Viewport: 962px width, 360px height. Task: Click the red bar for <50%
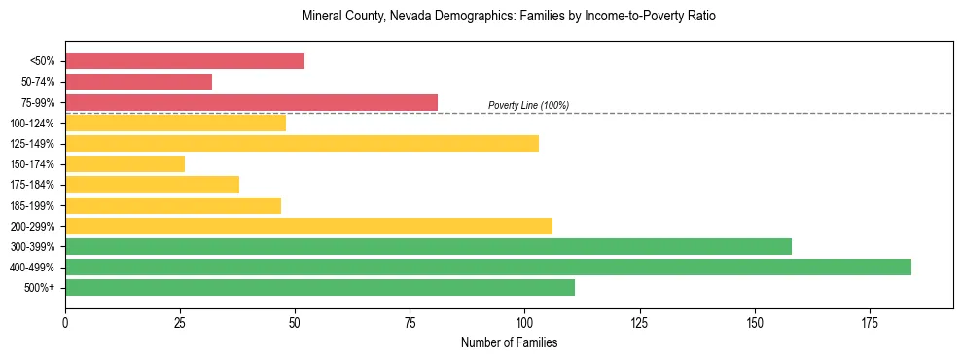(185, 61)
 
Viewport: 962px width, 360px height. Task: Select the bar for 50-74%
(138, 82)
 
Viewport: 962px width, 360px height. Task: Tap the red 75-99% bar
(251, 102)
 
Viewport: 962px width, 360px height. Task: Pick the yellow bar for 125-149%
(302, 143)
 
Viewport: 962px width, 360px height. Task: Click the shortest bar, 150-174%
(125, 163)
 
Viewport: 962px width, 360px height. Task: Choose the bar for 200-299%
(308, 226)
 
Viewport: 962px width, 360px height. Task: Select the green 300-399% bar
(428, 246)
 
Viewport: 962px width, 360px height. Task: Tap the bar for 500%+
(320, 287)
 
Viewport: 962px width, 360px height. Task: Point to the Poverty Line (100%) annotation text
(528, 105)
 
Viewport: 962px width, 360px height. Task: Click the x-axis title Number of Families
(509, 342)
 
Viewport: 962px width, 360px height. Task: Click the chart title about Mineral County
(509, 17)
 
